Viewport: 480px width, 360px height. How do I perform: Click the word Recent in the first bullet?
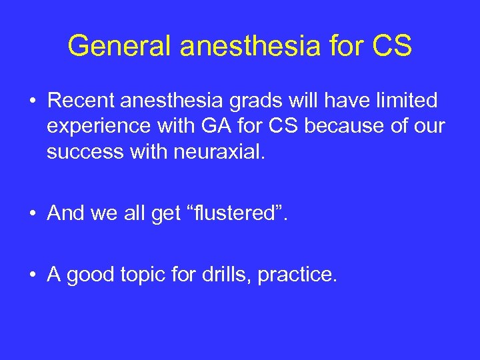tap(79, 101)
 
